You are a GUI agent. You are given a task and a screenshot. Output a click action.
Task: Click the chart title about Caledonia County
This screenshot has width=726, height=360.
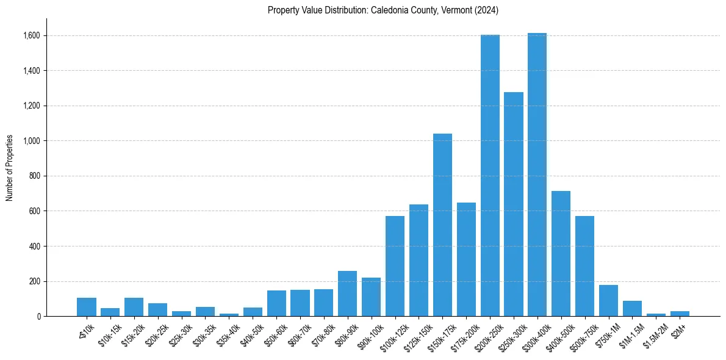tap(383, 10)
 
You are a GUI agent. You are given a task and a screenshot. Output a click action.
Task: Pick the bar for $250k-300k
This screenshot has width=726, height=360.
tap(514, 204)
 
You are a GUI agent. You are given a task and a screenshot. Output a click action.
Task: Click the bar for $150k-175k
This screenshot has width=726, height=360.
tap(442, 225)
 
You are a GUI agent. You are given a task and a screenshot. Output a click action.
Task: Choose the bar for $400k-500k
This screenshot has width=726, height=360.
tap(561, 254)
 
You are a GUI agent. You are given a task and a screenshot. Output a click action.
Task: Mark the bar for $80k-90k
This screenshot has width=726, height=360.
tap(347, 293)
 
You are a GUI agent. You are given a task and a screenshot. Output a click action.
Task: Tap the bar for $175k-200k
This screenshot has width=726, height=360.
tap(466, 259)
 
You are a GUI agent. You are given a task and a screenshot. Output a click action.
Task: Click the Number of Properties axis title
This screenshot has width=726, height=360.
tap(10, 168)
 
